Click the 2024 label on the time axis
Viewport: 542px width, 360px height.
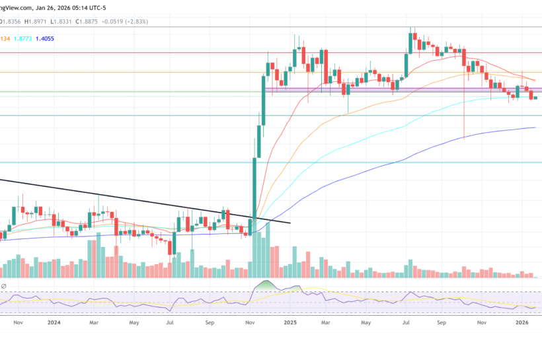click(54, 323)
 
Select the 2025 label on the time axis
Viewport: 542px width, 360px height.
click(290, 323)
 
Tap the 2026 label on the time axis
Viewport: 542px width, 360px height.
click(522, 323)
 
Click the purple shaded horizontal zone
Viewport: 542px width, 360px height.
click(397, 90)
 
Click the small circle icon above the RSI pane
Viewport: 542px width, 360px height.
click(3, 286)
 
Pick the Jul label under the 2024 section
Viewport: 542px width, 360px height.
click(171, 323)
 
